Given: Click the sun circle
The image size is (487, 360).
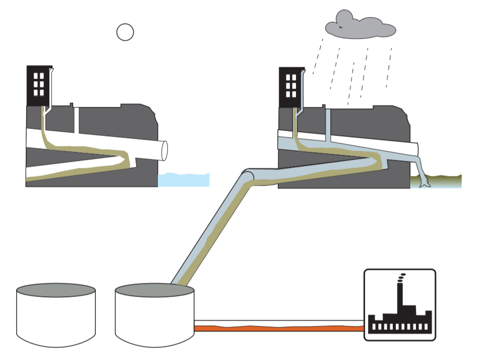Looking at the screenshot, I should coord(125,32).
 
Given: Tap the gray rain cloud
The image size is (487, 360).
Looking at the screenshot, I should coord(359,26).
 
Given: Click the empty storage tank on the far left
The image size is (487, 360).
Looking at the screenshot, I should coord(56,315).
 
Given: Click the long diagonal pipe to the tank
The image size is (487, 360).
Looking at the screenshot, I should coord(212,227).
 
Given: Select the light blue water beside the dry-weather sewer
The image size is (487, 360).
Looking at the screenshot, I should coord(184,180).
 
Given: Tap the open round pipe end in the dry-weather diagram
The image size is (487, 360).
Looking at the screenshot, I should coord(164,150).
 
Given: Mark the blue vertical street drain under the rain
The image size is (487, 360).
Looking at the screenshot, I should coord(328,123).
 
